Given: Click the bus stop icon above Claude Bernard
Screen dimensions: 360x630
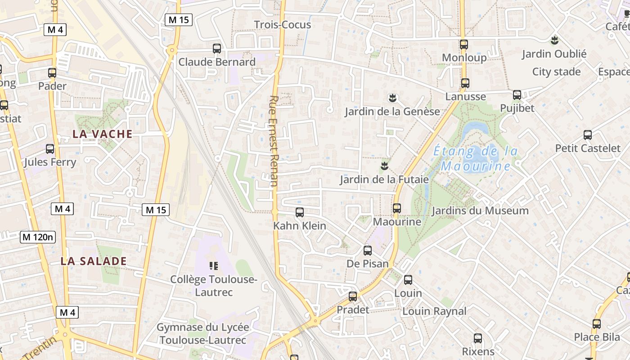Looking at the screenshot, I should click(217, 49).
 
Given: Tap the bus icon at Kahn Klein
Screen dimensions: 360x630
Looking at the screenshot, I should click(300, 212).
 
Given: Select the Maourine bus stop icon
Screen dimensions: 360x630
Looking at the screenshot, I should click(396, 208).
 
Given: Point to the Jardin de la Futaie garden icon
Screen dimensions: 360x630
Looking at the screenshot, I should click(384, 166).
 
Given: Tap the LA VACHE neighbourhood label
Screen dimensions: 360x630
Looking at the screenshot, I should click(103, 134).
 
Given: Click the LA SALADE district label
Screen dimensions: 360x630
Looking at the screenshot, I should click(94, 261).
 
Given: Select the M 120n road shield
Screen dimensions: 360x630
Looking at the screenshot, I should click(38, 237).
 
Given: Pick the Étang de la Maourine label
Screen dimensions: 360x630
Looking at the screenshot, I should click(476, 159).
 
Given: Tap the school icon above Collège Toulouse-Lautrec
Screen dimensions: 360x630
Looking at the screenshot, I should click(214, 266).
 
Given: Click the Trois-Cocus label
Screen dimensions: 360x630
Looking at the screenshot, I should click(282, 25).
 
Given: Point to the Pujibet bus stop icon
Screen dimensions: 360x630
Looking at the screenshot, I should click(517, 95).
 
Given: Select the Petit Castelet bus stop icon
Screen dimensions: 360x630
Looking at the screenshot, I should click(587, 135).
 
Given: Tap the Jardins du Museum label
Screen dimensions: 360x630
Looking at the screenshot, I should click(480, 211).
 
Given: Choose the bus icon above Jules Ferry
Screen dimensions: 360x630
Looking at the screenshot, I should click(50, 149).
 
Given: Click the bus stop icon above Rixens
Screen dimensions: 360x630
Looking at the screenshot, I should click(478, 338).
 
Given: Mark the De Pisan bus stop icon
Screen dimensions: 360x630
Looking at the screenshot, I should click(368, 251).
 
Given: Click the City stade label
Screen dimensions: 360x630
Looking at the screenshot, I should click(556, 72).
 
